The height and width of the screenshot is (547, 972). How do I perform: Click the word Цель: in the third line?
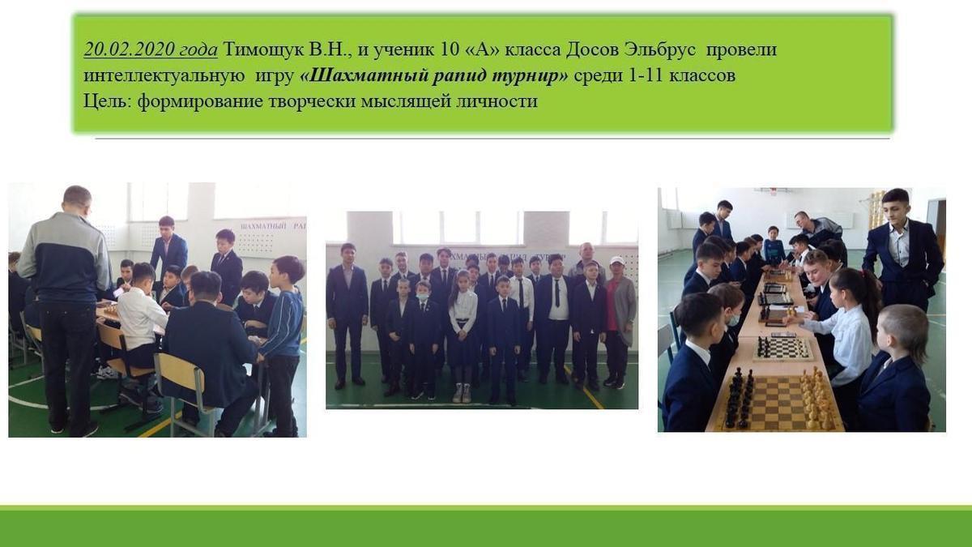pyautogui.click(x=108, y=101)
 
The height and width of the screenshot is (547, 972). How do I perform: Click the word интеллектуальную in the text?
pyautogui.click(x=164, y=75)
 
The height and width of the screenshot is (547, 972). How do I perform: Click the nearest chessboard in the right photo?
pyautogui.click(x=777, y=402)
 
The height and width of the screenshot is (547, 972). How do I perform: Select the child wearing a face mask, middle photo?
pyautogui.click(x=423, y=340)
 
